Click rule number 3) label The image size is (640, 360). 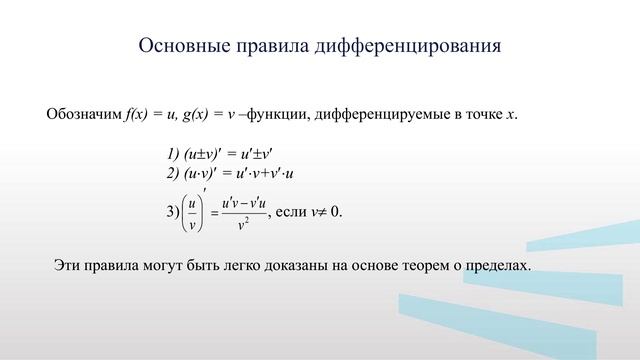[172, 213]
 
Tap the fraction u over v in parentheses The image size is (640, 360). [191, 212]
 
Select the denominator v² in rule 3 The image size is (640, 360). [244, 224]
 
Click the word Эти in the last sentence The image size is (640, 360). [66, 266]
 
